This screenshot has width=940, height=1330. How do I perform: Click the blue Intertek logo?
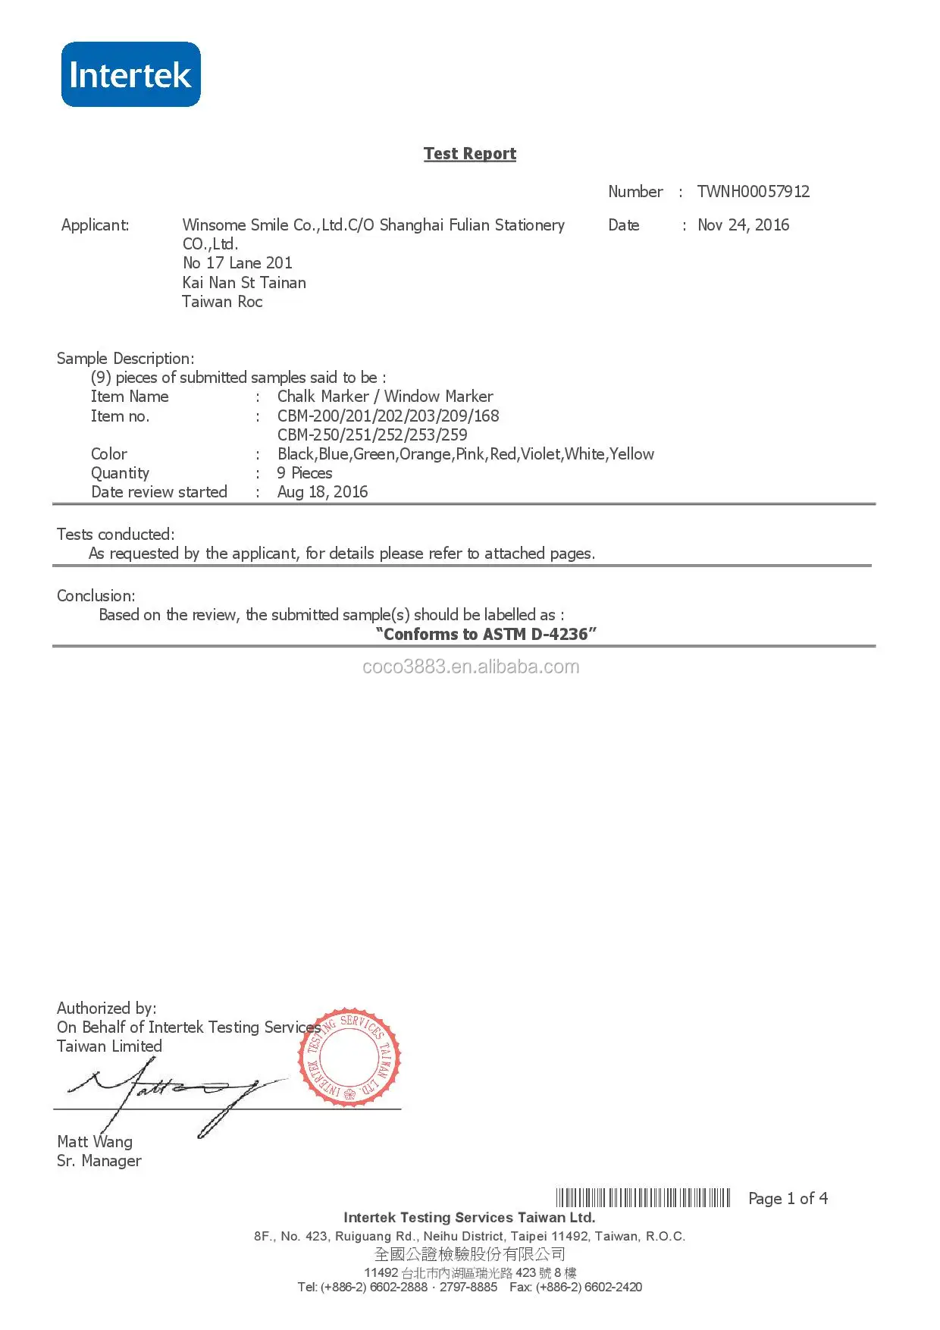click(130, 74)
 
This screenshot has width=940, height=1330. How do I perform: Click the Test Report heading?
click(470, 153)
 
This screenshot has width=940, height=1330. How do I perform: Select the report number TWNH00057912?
click(753, 191)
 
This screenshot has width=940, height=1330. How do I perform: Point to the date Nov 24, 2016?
click(743, 224)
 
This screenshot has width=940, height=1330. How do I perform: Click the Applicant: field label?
click(95, 224)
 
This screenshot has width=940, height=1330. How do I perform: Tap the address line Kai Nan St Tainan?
click(244, 282)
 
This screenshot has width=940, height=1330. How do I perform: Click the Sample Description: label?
click(125, 358)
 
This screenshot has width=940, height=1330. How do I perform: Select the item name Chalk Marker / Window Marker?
click(385, 396)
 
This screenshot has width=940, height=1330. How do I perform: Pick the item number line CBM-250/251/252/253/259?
click(372, 434)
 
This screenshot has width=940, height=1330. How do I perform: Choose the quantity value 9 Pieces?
click(305, 472)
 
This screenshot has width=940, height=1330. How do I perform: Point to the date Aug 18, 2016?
click(322, 491)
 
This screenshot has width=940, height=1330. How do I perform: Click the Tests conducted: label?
click(115, 534)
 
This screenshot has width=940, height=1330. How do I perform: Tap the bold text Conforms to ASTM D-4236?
click(486, 634)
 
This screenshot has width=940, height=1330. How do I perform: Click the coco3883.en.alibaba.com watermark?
click(471, 667)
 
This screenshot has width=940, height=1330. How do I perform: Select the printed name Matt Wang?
click(95, 1141)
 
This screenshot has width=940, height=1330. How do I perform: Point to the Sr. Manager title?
click(99, 1160)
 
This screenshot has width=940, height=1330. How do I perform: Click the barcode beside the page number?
click(643, 1198)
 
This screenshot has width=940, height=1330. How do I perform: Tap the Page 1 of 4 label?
click(788, 1198)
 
